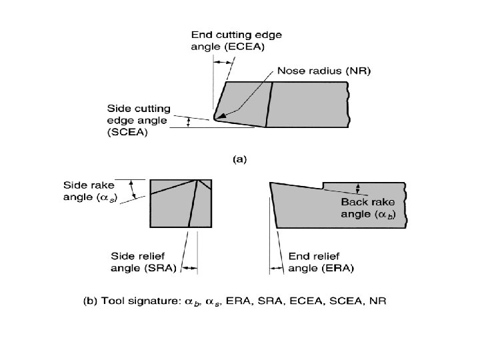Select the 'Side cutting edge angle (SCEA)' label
(x=139, y=120)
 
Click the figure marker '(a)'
(x=239, y=159)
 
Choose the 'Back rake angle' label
(x=374, y=207)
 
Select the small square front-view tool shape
(x=181, y=204)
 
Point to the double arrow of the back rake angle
(x=359, y=188)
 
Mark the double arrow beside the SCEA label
(x=188, y=122)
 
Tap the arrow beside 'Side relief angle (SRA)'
(x=190, y=268)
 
